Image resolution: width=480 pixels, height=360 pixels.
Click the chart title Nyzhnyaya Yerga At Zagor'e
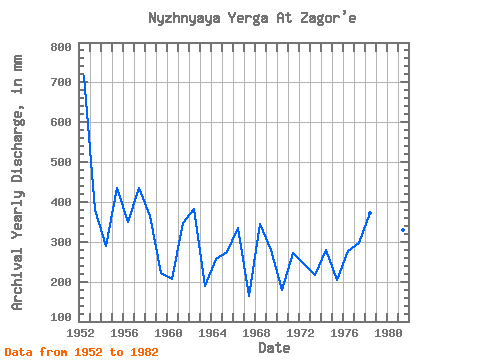click(252, 18)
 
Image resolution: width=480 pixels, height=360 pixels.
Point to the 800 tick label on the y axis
click(61, 47)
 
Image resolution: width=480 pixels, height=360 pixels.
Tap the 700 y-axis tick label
click(61, 82)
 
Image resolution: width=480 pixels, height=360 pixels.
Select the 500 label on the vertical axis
click(61, 162)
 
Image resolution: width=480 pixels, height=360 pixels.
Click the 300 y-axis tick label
click(61, 242)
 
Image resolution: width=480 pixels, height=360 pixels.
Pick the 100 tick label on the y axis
click(61, 317)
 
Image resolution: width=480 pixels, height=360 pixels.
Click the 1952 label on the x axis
click(80, 333)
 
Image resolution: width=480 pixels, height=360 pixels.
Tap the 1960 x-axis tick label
click(168, 333)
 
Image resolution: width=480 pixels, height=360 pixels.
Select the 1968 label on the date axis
click(256, 333)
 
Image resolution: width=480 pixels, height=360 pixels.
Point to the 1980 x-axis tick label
click(388, 333)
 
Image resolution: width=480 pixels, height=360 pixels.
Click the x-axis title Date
click(274, 348)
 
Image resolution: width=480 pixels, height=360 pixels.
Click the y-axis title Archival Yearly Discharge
click(17, 183)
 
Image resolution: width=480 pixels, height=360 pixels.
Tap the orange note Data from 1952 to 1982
click(82, 352)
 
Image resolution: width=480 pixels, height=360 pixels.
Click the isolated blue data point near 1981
click(403, 230)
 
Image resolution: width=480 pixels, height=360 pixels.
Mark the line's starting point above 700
click(83, 75)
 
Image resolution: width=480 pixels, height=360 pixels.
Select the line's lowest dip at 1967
click(249, 295)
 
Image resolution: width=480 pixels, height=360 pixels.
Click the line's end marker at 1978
click(370, 213)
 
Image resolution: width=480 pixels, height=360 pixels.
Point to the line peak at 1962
click(194, 209)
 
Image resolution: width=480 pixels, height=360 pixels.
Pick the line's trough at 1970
click(282, 289)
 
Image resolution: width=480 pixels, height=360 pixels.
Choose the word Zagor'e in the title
click(328, 18)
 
